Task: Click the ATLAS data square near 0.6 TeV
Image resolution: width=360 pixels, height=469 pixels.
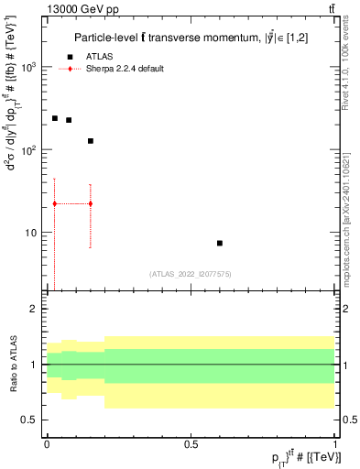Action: (220, 243)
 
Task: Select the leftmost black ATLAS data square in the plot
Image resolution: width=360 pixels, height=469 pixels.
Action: (55, 118)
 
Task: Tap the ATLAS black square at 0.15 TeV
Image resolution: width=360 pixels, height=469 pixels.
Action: (90, 141)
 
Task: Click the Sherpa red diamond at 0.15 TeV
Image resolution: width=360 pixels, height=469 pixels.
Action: (90, 203)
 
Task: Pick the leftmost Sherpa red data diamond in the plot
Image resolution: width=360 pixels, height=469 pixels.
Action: (55, 203)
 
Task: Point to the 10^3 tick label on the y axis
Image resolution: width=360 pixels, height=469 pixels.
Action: (30, 68)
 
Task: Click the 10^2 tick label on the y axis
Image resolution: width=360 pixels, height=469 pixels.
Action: (30, 150)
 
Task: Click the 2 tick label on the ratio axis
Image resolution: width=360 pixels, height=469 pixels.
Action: (37, 310)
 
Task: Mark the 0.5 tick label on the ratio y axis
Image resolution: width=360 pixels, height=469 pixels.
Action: (32, 420)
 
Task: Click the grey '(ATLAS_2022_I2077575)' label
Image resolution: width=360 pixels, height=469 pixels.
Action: (191, 273)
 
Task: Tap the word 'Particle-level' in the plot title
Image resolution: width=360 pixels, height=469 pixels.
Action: (104, 38)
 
